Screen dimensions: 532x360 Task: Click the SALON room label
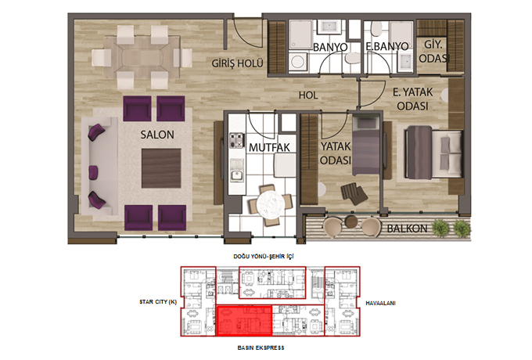pyautogui.click(x=157, y=135)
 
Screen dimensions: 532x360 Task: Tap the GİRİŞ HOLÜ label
pyautogui.click(x=237, y=63)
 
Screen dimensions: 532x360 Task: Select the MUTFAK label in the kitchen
pyautogui.click(x=269, y=148)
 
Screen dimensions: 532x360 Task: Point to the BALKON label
pyautogui.click(x=407, y=229)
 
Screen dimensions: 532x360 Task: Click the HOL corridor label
pyautogui.click(x=308, y=95)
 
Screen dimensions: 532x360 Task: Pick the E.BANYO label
pyautogui.click(x=386, y=46)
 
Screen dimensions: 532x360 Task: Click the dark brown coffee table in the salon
pyautogui.click(x=161, y=168)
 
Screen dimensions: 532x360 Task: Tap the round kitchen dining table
pyautogui.click(x=271, y=204)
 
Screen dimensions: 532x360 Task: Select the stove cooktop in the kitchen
pyautogui.click(x=237, y=140)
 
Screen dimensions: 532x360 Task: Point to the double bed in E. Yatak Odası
pyautogui.click(x=433, y=153)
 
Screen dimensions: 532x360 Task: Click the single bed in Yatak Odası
pyautogui.click(x=366, y=146)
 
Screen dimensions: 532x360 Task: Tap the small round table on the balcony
pyautogui.click(x=351, y=222)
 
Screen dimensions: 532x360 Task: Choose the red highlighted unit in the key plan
pyautogui.click(x=244, y=321)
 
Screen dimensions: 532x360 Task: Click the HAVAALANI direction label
pyautogui.click(x=380, y=304)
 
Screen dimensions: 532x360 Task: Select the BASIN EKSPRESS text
pyautogui.click(x=261, y=347)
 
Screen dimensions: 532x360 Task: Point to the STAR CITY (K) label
pyautogui.click(x=158, y=301)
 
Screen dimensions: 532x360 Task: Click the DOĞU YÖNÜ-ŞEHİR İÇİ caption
pyautogui.click(x=264, y=256)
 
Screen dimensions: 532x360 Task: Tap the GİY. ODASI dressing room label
pyautogui.click(x=434, y=52)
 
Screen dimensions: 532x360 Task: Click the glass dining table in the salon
pyautogui.click(x=142, y=57)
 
